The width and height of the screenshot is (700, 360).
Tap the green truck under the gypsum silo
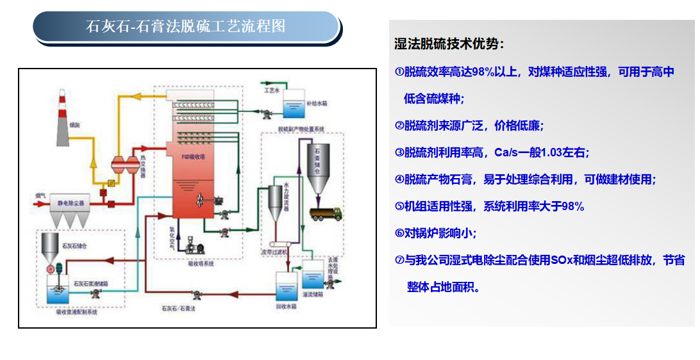pyautogui.click(x=324, y=213)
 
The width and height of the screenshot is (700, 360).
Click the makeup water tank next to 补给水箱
pyautogui.click(x=296, y=102)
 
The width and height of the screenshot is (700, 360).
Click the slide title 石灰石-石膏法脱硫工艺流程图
pyautogui.click(x=186, y=27)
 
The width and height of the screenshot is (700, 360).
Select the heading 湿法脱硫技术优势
pyautogui.click(x=449, y=44)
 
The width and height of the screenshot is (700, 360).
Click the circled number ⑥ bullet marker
pyautogui.click(x=399, y=233)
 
